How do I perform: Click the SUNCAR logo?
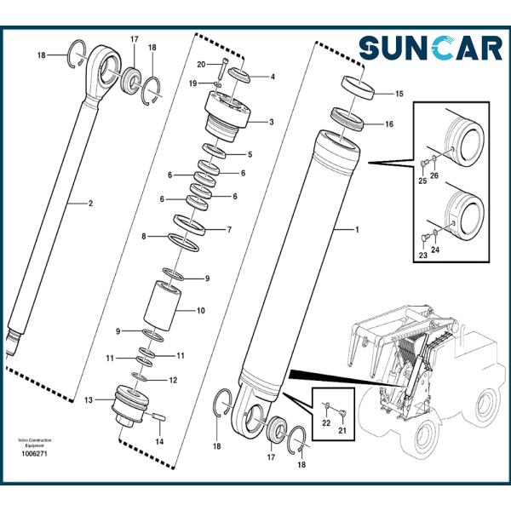click(x=430, y=48)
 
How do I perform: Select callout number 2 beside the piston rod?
click(x=91, y=204)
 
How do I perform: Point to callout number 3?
click(x=271, y=123)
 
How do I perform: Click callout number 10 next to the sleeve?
click(x=201, y=311)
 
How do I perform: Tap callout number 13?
click(x=89, y=399)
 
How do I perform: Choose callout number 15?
click(x=399, y=93)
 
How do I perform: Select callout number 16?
click(x=388, y=123)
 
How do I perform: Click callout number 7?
click(x=228, y=230)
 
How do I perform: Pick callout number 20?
click(x=201, y=65)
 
